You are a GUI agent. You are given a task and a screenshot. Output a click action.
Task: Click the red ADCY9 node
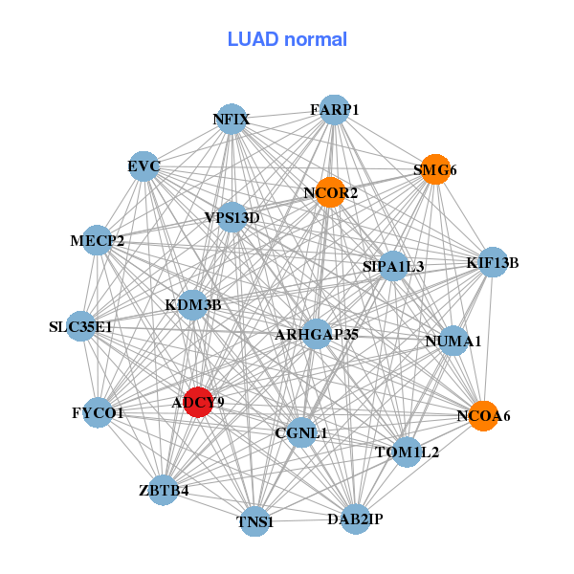pos(198,402)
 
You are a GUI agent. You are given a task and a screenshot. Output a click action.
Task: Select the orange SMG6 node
pos(435,169)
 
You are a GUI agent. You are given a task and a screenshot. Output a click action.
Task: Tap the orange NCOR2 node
pos(330,192)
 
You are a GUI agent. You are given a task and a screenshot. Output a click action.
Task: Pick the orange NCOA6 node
pos(483,416)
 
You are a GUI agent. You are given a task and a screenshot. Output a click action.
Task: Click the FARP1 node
pos(334,109)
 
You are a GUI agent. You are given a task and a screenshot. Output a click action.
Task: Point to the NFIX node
pos(232,119)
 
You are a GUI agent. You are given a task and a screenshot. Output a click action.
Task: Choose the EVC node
pos(143,166)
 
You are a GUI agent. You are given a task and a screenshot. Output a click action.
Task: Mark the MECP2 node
pos(97,240)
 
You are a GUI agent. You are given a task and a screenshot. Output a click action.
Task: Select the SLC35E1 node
pos(81,326)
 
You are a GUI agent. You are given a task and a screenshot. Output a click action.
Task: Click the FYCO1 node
pos(98,412)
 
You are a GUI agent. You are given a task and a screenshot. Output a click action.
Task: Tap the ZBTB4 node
pos(164,490)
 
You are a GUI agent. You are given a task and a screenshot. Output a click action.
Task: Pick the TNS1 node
pos(254,521)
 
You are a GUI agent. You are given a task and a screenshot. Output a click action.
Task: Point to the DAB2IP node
pos(356,519)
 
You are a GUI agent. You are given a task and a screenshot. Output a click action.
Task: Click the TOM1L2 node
pos(407,453)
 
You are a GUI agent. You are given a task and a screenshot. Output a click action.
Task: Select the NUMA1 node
pos(453,341)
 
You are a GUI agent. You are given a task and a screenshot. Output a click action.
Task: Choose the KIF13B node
pos(493,262)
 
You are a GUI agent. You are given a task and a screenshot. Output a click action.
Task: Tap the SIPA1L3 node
pos(393,266)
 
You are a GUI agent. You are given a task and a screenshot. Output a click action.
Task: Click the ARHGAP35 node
pos(317,334)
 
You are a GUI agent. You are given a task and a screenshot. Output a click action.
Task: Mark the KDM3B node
pos(193,305)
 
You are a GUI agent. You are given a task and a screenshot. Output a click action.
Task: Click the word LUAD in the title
pos(253,39)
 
